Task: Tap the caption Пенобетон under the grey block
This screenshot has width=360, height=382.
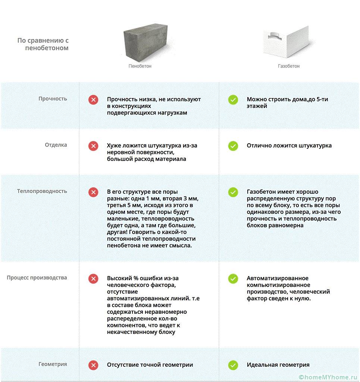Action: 140,66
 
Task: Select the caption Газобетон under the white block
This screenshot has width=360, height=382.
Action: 289,66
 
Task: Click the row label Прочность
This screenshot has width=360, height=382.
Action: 53,99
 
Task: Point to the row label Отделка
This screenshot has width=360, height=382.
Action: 56,145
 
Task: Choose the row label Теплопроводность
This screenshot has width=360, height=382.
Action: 42,191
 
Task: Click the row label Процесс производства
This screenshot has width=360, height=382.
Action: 37,278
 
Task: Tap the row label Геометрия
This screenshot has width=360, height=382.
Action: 53,364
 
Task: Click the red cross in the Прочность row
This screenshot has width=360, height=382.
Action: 93,100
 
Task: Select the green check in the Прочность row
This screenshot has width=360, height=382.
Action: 233,100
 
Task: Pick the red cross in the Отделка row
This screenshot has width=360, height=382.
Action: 93,146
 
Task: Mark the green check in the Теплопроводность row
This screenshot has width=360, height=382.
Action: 233,192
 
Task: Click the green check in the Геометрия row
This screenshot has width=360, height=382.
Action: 233,365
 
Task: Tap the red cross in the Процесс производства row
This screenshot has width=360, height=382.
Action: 93,279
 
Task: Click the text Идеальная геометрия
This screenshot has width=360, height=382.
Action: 278,365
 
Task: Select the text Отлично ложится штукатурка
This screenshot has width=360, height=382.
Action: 289,145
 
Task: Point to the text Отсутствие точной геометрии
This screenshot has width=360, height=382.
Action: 150,365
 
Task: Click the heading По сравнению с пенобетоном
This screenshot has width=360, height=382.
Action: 43,44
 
